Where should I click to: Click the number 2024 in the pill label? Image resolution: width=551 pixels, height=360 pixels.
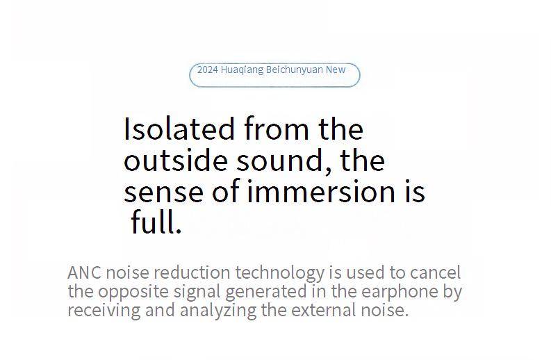[208, 69]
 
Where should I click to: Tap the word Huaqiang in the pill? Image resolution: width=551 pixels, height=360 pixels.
[242, 70]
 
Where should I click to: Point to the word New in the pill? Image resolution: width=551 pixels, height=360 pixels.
[336, 69]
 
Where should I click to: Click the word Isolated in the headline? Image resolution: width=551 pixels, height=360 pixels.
[179, 129]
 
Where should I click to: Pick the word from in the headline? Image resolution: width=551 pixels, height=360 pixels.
[277, 129]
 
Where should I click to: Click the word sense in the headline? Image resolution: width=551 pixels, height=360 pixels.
[164, 192]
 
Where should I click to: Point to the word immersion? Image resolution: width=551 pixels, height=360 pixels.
[322, 191]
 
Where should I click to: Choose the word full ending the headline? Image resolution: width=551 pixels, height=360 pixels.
[156, 222]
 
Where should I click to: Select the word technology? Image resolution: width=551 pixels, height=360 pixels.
[280, 274]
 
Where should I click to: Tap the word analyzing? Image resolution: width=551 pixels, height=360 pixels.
[218, 311]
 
